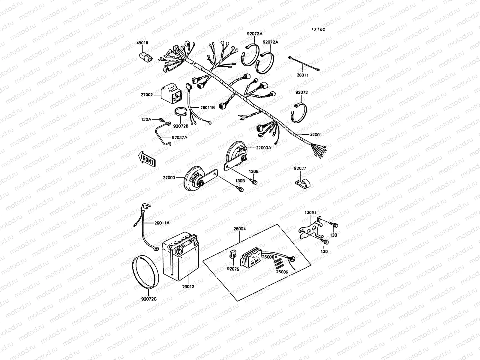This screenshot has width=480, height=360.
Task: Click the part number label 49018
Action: click(x=143, y=43)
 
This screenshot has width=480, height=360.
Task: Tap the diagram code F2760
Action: click(x=318, y=30)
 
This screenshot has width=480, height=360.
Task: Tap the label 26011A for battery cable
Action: click(x=162, y=223)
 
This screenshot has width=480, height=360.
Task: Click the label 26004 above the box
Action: click(x=240, y=229)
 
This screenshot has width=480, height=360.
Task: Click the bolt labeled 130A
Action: click(x=162, y=120)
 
